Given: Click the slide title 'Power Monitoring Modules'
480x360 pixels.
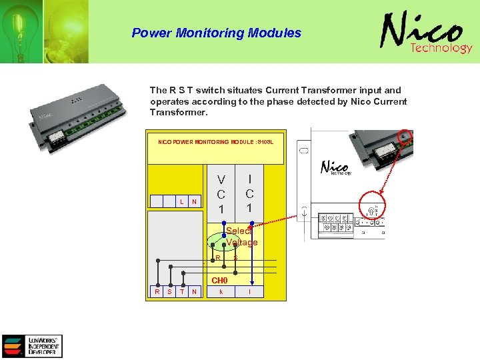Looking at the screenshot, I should click(x=216, y=33).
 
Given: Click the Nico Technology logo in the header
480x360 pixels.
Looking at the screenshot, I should click(x=426, y=34).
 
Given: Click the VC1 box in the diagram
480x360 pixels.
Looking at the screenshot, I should click(x=221, y=193).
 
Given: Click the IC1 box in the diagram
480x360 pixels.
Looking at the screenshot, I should click(x=249, y=193).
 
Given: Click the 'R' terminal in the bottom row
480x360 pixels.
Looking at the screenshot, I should click(x=157, y=291).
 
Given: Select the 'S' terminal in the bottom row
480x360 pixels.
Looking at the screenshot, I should click(x=169, y=291).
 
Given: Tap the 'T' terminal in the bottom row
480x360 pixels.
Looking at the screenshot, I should click(x=182, y=291).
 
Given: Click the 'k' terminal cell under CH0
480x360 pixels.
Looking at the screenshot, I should click(x=221, y=291).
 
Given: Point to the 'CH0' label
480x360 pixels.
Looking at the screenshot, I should click(x=219, y=280).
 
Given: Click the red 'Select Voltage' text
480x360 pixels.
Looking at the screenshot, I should click(x=241, y=237).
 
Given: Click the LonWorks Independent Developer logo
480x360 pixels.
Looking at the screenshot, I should click(x=32, y=346).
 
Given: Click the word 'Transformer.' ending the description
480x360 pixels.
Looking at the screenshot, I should click(x=179, y=113).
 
